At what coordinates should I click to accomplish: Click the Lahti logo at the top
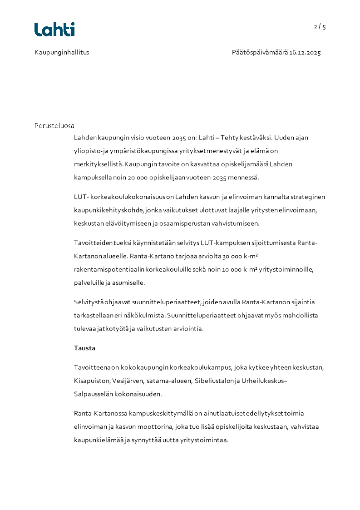click(x=54, y=30)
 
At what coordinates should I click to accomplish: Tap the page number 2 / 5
click(x=320, y=26)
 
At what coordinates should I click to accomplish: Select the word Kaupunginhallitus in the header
click(x=62, y=52)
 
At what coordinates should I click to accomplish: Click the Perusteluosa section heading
click(x=54, y=125)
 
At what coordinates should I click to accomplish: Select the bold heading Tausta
click(x=84, y=348)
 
